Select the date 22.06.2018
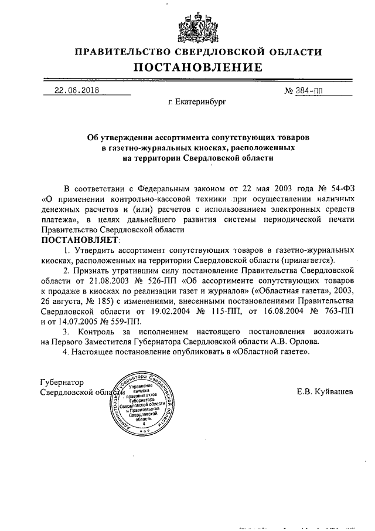[77, 90]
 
